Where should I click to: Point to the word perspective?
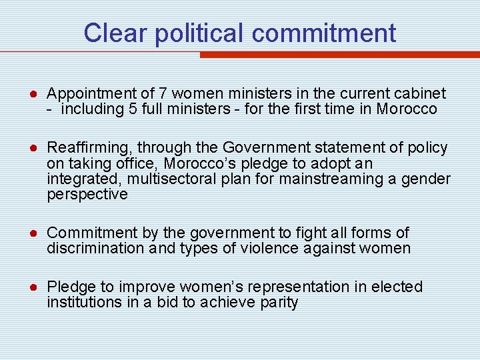(87, 195)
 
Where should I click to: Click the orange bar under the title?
(340, 55)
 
